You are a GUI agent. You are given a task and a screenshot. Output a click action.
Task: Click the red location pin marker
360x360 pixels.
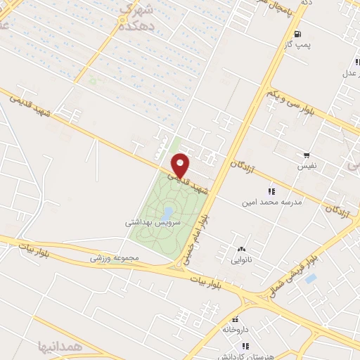click(x=181, y=165)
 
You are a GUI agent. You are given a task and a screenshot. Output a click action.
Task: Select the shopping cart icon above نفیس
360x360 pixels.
click(x=306, y=155)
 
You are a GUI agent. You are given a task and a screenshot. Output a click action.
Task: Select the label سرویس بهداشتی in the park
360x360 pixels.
click(x=153, y=221)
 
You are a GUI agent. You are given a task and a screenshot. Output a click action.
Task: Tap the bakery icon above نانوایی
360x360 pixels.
click(x=242, y=249)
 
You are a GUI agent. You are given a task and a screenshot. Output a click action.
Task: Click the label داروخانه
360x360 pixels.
click(x=236, y=328)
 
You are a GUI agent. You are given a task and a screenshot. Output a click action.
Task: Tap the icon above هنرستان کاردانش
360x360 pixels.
click(x=245, y=345)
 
